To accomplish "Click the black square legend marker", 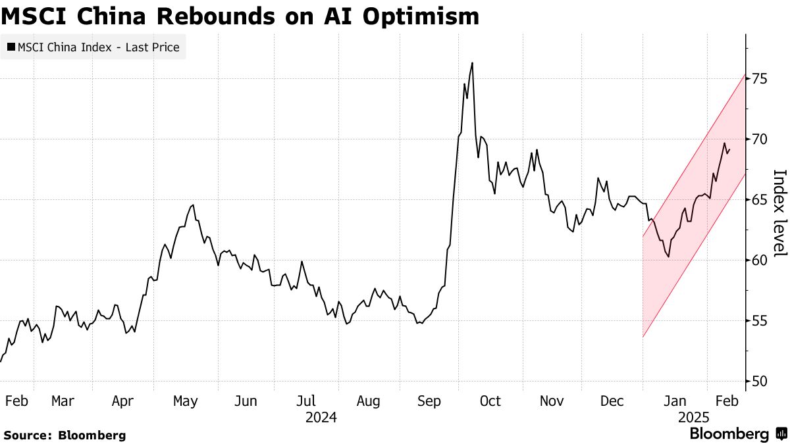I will [11, 47].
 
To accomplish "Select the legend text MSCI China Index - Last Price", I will [98, 47].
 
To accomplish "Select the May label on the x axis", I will [185, 401].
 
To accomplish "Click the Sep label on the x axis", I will [430, 401].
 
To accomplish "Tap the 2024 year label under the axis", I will [321, 418].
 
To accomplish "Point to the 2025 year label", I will [693, 418].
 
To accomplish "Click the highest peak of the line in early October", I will [472, 63].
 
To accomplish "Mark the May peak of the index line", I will [192, 205].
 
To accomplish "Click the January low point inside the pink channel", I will [669, 257].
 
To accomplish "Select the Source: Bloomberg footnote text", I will [64, 435].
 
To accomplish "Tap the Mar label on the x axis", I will [63, 401].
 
